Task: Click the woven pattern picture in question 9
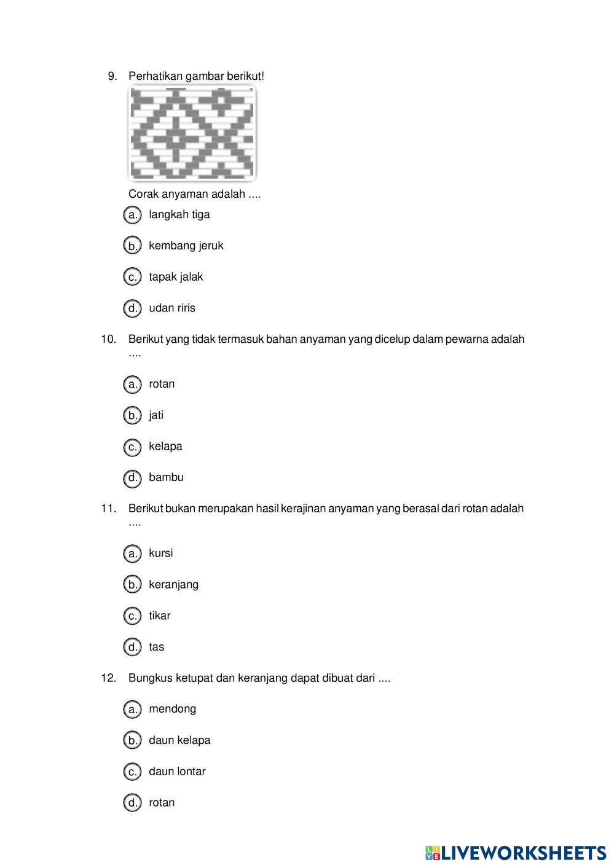tap(192, 133)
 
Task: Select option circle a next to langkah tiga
tap(132, 215)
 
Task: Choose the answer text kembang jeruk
tap(186, 246)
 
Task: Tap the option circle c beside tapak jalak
tap(132, 277)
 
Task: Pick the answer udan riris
tap(172, 308)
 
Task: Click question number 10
tap(109, 339)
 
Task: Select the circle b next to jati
tap(132, 416)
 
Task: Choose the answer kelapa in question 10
tap(165, 447)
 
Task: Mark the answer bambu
tap(166, 477)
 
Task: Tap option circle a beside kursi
tap(132, 553)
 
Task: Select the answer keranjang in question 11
tap(173, 585)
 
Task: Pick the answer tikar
tap(159, 616)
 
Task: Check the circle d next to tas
tap(132, 647)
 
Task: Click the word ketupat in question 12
tap(194, 678)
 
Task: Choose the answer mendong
tap(172, 709)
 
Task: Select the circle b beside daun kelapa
tap(132, 740)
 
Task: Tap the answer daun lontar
tap(177, 772)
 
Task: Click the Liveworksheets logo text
tap(523, 853)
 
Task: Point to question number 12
tap(109, 678)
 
